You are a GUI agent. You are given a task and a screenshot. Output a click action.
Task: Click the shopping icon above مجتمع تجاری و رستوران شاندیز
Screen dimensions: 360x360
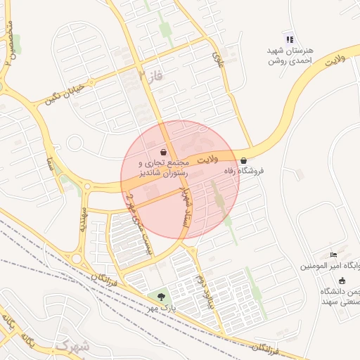pos(164,152)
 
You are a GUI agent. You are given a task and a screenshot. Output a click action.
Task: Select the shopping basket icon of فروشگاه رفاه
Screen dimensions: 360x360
pos(243,160)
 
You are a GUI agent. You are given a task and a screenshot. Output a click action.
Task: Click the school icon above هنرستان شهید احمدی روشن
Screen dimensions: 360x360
pos(290,39)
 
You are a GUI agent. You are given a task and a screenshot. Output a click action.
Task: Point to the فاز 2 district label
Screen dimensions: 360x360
pos(150,75)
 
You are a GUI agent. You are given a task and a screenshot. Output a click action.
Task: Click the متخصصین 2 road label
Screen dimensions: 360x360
pos(9,42)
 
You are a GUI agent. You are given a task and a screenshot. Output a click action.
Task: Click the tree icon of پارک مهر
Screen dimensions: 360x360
pos(162,297)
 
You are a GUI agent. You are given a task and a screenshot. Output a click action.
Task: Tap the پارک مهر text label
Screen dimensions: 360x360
pos(162,308)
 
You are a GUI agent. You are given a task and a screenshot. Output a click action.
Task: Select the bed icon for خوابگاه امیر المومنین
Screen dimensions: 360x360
pos(333,255)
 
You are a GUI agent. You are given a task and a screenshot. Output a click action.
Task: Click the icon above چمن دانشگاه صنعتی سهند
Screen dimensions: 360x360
pos(342,281)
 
